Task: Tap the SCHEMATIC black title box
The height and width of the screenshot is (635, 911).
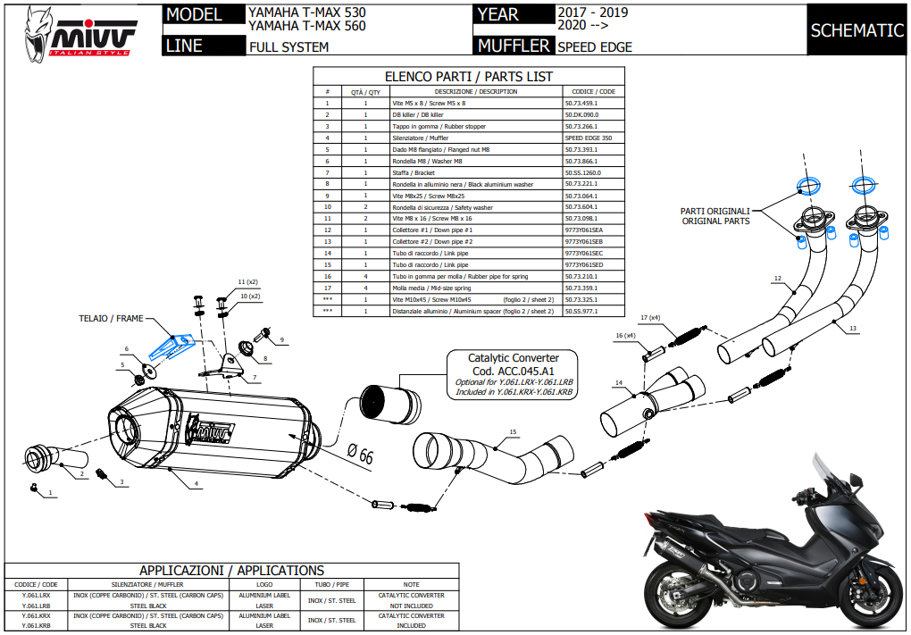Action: [x=857, y=30]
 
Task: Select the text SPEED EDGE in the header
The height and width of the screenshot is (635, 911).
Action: [x=594, y=47]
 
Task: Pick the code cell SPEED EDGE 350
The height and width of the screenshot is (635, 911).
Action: [x=589, y=138]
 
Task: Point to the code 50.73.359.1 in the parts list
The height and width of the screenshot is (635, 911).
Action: [x=581, y=288]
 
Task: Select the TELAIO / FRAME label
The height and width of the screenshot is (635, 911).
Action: [x=110, y=317]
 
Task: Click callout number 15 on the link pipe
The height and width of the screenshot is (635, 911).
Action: [x=513, y=432]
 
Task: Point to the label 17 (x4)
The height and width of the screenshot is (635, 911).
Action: [x=650, y=318]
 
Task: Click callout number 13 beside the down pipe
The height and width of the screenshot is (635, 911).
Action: [x=853, y=329]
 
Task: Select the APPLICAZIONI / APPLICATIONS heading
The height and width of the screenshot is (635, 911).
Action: [x=231, y=571]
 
